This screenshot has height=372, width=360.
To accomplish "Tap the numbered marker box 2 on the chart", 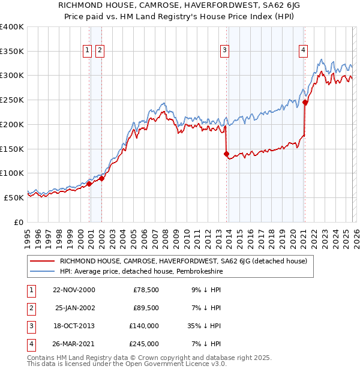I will pyautogui.click(x=100, y=51).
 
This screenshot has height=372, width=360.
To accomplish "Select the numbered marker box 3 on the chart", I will pyautogui.click(x=224, y=51).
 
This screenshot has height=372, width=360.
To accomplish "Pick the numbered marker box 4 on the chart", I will pyautogui.click(x=304, y=51).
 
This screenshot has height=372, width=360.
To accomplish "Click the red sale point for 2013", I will pyautogui.click(x=226, y=154).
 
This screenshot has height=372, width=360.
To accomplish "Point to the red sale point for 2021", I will pyautogui.click(x=305, y=102).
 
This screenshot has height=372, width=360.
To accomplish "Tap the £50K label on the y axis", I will pyautogui.click(x=14, y=197).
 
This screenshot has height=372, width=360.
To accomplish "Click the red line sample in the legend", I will pyautogui.click(x=42, y=261).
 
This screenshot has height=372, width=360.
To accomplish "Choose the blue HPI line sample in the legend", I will pyautogui.click(x=42, y=271).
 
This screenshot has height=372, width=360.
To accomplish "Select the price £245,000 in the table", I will pyautogui.click(x=146, y=344).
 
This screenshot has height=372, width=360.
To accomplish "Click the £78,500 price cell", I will pyautogui.click(x=146, y=290).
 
